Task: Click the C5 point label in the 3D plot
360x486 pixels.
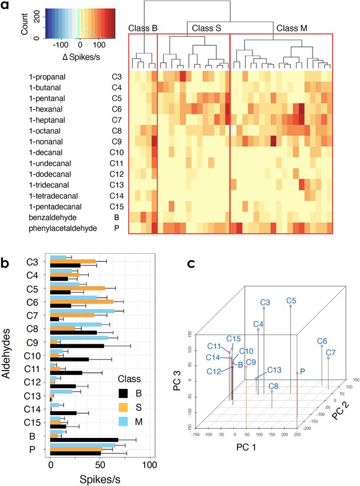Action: pyautogui.click(x=291, y=300)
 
